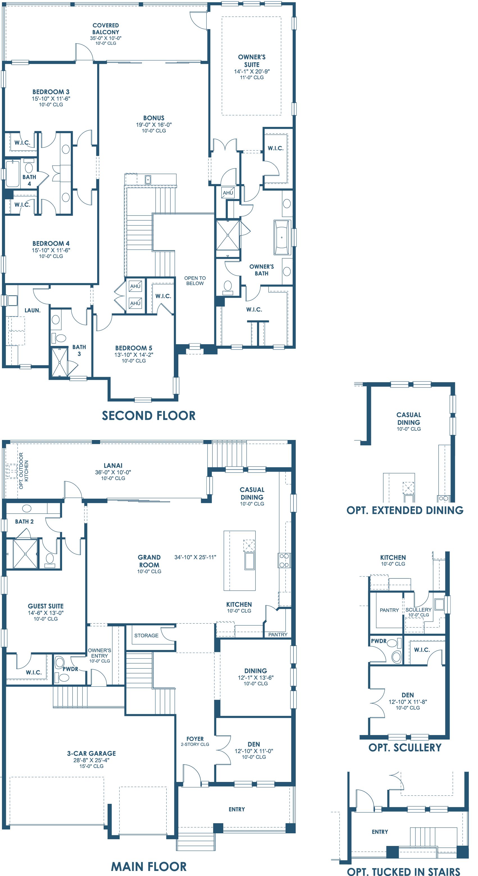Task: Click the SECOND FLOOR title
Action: click(x=149, y=416)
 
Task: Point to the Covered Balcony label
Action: click(x=106, y=29)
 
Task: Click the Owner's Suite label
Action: click(x=252, y=61)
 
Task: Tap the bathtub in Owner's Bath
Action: click(x=282, y=237)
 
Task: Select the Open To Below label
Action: click(x=195, y=280)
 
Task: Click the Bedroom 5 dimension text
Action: click(x=134, y=355)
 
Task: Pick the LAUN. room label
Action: click(x=32, y=310)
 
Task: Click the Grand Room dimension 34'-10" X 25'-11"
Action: click(x=195, y=557)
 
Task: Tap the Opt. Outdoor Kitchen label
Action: click(x=24, y=471)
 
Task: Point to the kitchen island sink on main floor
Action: click(x=250, y=561)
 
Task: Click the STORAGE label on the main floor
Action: click(x=146, y=635)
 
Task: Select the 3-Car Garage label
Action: click(x=92, y=753)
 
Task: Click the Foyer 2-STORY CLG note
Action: click(x=195, y=744)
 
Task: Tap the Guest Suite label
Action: click(x=45, y=606)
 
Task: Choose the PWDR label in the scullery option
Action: click(x=379, y=641)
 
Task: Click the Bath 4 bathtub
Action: click(x=12, y=174)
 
